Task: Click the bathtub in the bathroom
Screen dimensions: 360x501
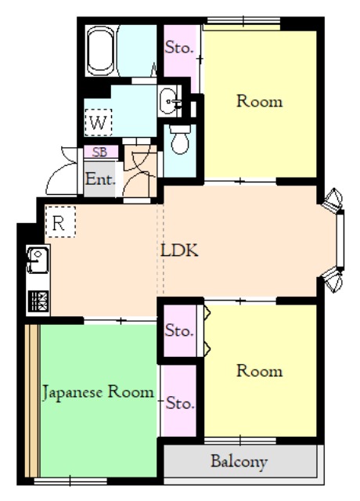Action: pyautogui.click(x=101, y=50)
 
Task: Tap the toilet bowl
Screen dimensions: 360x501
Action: pyautogui.click(x=180, y=139)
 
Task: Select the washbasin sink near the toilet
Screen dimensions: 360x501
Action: pyautogui.click(x=169, y=101)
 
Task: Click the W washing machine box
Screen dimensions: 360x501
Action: pyautogui.click(x=99, y=122)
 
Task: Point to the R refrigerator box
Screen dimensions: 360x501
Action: pyautogui.click(x=60, y=222)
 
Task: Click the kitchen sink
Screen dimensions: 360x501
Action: pyautogui.click(x=38, y=261)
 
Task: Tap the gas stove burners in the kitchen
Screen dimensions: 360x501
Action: pyautogui.click(x=38, y=301)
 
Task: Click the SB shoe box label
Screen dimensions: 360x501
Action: pyautogui.click(x=99, y=152)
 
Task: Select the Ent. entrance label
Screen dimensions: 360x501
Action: pyautogui.click(x=100, y=179)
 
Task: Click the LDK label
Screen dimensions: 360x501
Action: pyautogui.click(x=179, y=250)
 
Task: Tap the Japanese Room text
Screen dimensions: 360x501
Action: pyautogui.click(x=98, y=392)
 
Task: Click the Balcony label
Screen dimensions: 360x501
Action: pyautogui.click(x=239, y=462)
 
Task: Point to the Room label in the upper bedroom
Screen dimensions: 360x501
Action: pyautogui.click(x=259, y=101)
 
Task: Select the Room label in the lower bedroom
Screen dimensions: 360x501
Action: pyautogui.click(x=259, y=371)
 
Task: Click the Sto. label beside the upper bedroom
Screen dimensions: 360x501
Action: pyautogui.click(x=179, y=48)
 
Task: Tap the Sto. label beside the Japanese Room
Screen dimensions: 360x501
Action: pyautogui.click(x=180, y=403)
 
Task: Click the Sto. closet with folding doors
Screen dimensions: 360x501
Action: pyautogui.click(x=180, y=330)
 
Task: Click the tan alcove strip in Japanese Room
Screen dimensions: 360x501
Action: pyautogui.click(x=32, y=401)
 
